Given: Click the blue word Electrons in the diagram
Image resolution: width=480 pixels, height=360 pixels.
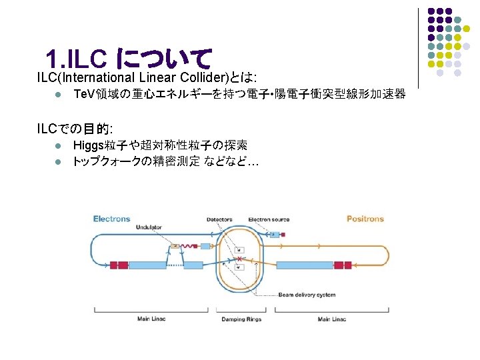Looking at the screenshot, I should click(112, 219).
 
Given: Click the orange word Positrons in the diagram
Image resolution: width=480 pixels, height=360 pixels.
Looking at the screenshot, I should click(365, 219).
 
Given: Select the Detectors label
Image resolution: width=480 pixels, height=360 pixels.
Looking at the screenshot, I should click(219, 219).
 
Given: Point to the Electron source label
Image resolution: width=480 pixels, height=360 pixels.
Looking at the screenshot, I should click(269, 219).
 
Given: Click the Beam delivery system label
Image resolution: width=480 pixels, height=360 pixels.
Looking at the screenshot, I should click(307, 294).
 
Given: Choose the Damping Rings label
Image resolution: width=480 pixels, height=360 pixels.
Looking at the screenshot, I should click(241, 319).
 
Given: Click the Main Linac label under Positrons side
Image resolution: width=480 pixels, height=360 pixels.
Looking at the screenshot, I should click(332, 319).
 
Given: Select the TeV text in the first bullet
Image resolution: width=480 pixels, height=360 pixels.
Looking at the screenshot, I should click(85, 93).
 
